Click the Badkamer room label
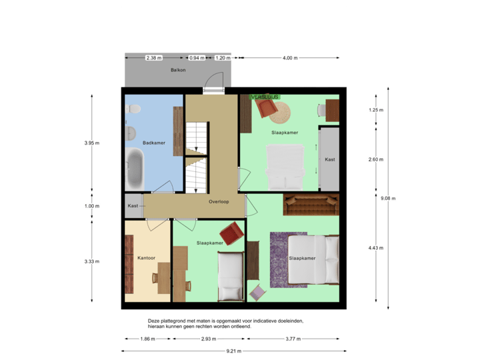click(153, 143)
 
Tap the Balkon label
click(177, 70)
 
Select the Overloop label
click(219, 201)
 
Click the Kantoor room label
click(146, 257)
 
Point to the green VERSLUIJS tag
click(265, 97)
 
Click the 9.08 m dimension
click(387, 198)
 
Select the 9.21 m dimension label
click(234, 351)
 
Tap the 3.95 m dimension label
click(91, 143)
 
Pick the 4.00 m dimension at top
click(290, 58)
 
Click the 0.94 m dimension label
click(197, 58)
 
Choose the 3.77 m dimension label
click(292, 339)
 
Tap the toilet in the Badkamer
click(132, 109)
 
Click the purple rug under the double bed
click(287, 260)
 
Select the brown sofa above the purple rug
click(310, 204)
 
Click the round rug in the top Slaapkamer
click(279, 113)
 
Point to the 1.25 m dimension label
click(376, 110)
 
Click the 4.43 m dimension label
click(376, 249)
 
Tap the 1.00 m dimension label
click(91, 206)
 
